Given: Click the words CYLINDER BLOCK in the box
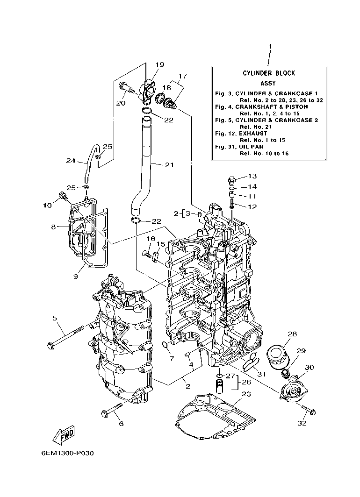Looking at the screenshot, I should (268, 73).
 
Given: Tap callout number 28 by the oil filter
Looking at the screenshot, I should (292, 334).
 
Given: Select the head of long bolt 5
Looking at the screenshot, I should (50, 345).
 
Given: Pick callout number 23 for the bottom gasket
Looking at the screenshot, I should (246, 394).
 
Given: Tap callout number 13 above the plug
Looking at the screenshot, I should (252, 176).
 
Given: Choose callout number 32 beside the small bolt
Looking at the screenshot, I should (302, 423).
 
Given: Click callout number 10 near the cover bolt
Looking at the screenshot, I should (48, 205).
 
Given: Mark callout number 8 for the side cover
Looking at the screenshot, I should (54, 227).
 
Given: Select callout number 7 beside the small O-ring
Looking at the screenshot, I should (172, 358).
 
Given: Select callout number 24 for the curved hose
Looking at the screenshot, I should (71, 161).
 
